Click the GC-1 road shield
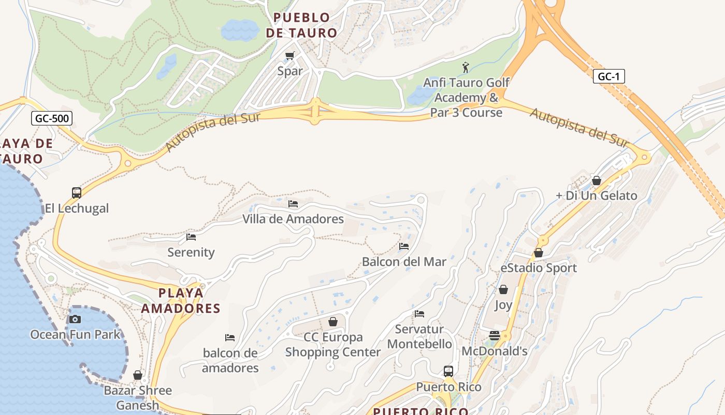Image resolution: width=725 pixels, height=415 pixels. click(x=608, y=77)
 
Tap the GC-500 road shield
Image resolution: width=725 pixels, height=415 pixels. click(x=51, y=118)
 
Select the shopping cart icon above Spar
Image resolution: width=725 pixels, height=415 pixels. click(x=290, y=56)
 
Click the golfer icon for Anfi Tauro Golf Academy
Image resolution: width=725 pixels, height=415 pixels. click(x=466, y=67)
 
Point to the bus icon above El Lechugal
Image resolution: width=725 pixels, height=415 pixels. click(x=77, y=193)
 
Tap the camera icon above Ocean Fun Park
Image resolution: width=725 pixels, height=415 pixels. click(x=75, y=319)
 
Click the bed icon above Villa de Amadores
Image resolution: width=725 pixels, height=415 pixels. click(x=293, y=204)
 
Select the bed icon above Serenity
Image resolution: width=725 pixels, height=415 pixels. click(x=191, y=237)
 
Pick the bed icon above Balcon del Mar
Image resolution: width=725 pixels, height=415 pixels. click(x=404, y=246)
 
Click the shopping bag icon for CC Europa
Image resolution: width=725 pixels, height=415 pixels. click(x=333, y=322)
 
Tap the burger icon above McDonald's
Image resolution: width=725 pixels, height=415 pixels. click(x=494, y=336)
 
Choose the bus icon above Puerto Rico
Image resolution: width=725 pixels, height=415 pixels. click(x=448, y=371)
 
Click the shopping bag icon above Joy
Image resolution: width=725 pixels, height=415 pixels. click(x=503, y=289)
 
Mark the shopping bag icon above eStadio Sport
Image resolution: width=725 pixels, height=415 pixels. click(x=539, y=253)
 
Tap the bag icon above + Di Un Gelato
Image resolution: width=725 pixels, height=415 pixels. click(x=597, y=181)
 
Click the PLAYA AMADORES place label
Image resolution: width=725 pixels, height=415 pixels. click(x=181, y=301)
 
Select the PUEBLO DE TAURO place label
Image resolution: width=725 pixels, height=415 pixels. click(x=301, y=25)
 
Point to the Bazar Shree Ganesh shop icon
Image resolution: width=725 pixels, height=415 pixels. click(x=138, y=375)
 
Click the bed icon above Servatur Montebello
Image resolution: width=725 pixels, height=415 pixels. click(x=419, y=314)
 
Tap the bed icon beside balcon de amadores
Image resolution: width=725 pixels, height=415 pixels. click(x=230, y=338)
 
